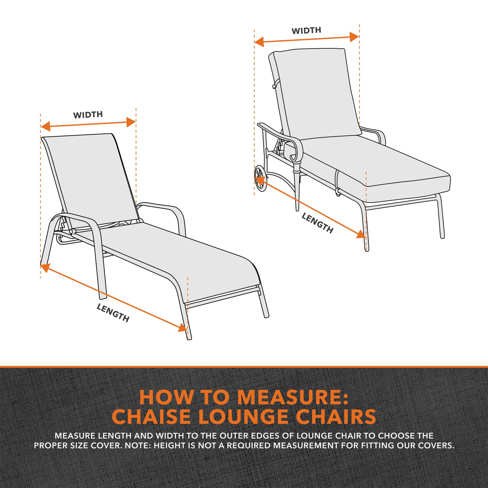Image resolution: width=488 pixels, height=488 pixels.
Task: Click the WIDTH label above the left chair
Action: [88, 115]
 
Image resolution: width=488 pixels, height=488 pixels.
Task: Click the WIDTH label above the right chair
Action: [306, 31]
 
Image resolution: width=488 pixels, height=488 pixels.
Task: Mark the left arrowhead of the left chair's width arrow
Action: [45, 126]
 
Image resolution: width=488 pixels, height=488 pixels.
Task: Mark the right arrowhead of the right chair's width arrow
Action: [354, 37]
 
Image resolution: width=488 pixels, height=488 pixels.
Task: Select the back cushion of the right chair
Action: [316, 94]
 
